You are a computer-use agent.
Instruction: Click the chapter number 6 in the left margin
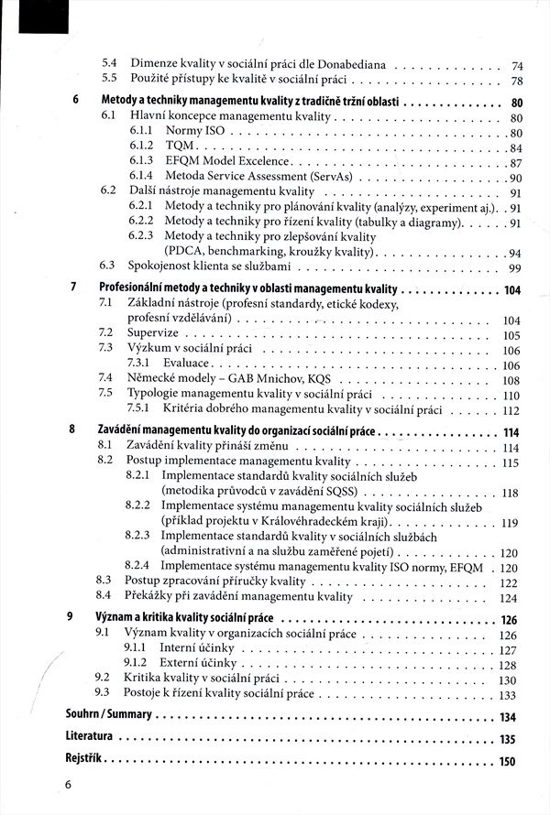coord(73,102)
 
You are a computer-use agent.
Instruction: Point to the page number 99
coord(514,267)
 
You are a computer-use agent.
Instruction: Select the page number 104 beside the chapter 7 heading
coord(511,290)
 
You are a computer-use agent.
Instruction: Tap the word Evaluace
coord(187,364)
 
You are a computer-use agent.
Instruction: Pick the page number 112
coord(511,410)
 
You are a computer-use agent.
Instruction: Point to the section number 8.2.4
coord(137,566)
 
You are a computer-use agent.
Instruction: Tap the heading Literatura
coord(89,738)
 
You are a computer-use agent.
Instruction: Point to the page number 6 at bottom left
coord(68,785)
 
